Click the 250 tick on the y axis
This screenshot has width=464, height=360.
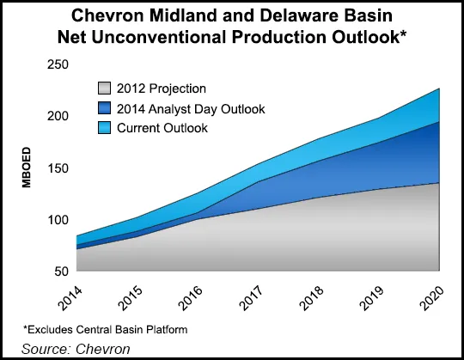pyautogui.click(x=58, y=64)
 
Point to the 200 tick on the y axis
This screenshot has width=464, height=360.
pyautogui.click(x=58, y=116)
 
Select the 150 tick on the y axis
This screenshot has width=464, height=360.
pyautogui.click(x=58, y=168)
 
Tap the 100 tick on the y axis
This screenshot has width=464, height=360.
pyautogui.click(x=58, y=219)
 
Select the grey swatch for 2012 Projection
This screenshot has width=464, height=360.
pyautogui.click(x=105, y=88)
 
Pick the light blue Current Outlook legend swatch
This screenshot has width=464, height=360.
pyautogui.click(x=105, y=128)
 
